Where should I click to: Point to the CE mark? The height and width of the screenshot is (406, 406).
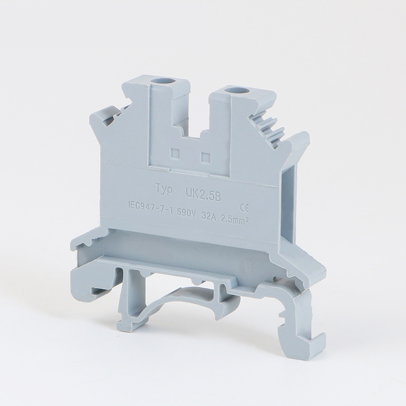click(244, 207)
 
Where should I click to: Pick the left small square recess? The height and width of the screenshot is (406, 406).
click(175, 153)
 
